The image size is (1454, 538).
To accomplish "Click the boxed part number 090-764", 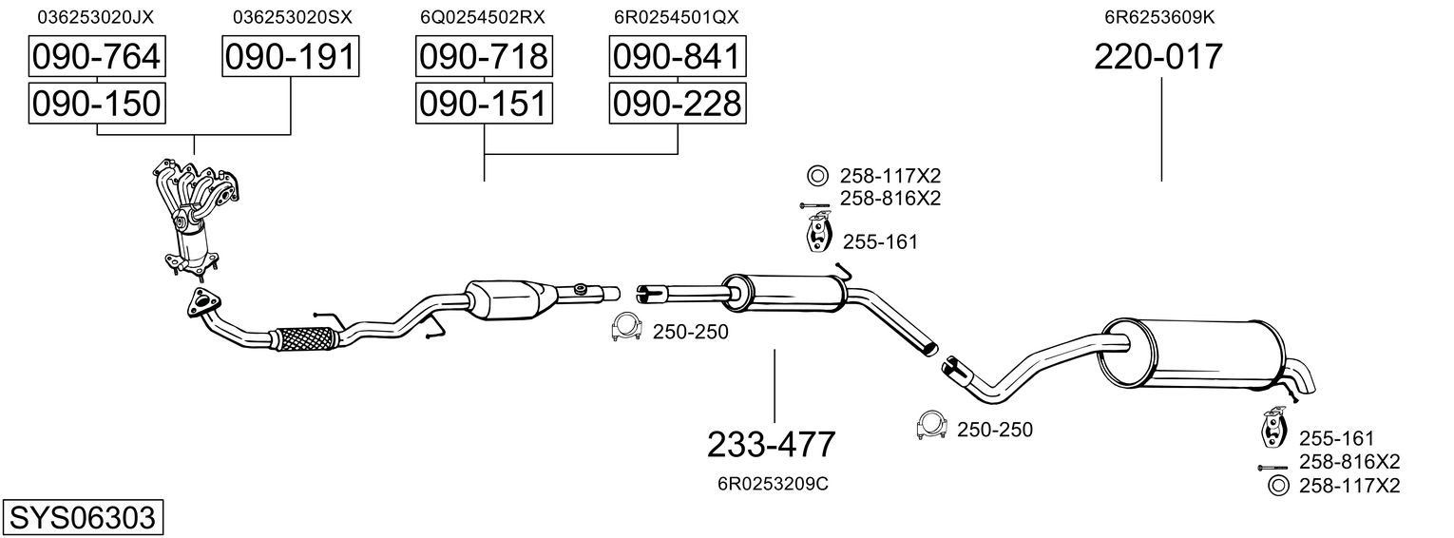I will (x=96, y=57).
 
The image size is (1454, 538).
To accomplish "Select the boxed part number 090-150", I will (x=96, y=103).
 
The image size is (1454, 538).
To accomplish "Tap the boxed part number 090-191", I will (x=290, y=57).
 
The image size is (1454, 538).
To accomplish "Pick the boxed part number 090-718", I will (x=483, y=57).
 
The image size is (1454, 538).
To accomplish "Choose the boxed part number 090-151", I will (x=483, y=103).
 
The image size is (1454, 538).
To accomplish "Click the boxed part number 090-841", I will (x=677, y=57).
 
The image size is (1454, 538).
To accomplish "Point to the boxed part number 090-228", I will (x=677, y=103).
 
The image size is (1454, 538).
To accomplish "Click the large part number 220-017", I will (x=1158, y=57).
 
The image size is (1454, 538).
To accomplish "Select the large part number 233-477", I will (x=772, y=444).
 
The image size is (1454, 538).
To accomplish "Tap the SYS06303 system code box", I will (x=82, y=518).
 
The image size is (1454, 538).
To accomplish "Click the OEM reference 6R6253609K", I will (x=1158, y=17).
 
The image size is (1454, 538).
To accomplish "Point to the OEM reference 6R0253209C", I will (x=773, y=484).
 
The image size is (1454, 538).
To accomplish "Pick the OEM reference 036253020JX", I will (x=95, y=17).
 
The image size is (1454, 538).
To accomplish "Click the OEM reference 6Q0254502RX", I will (x=483, y=17).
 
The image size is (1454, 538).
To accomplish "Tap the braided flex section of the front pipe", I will (x=305, y=338).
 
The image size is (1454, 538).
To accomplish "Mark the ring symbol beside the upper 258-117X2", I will (x=816, y=175).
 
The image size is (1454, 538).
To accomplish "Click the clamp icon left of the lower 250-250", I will (x=931, y=428).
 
